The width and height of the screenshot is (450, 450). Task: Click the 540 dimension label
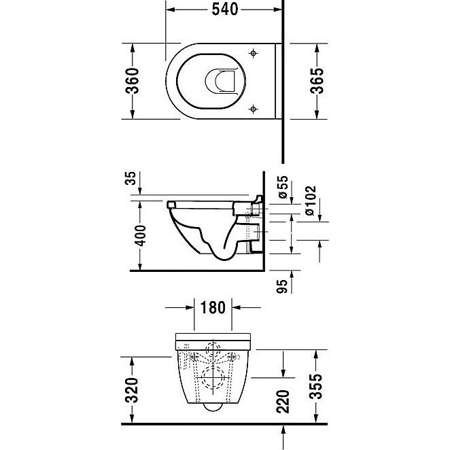point(225,10)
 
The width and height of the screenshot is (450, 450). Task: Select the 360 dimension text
point(133,81)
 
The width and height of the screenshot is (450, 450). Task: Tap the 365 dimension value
point(317,81)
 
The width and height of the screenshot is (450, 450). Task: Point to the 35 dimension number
point(131,178)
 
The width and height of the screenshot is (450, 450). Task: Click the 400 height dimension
point(141,236)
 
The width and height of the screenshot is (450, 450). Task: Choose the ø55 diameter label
point(283,187)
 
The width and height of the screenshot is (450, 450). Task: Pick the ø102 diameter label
point(311,201)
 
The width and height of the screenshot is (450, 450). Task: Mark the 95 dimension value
point(281,286)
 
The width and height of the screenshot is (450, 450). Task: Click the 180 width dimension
point(213,308)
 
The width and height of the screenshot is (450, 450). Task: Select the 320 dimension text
point(132,390)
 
